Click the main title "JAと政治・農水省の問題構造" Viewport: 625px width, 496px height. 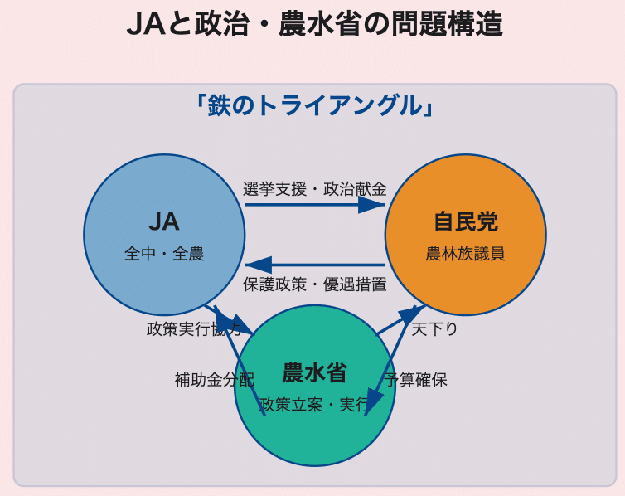pyautogui.click(x=314, y=24)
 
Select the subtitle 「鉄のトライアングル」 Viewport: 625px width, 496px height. pyautogui.click(x=314, y=105)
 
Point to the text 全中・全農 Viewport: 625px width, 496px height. pyautogui.click(x=164, y=254)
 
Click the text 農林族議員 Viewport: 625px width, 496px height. pyautogui.click(x=465, y=254)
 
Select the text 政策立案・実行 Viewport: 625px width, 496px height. pyautogui.click(x=314, y=405)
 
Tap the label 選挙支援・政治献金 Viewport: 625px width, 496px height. pyautogui.click(x=314, y=189)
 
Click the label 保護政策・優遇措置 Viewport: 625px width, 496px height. pyautogui.click(x=314, y=284)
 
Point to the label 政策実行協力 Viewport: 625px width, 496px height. pyautogui.click(x=194, y=329)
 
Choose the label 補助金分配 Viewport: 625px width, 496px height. pyautogui.click(x=214, y=380)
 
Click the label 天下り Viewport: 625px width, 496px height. pyautogui.click(x=435, y=329)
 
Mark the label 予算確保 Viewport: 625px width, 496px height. pyautogui.click(x=417, y=380)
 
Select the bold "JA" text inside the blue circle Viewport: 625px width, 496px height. pyautogui.click(x=164, y=221)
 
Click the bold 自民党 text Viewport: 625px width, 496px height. pyautogui.click(x=465, y=221)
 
